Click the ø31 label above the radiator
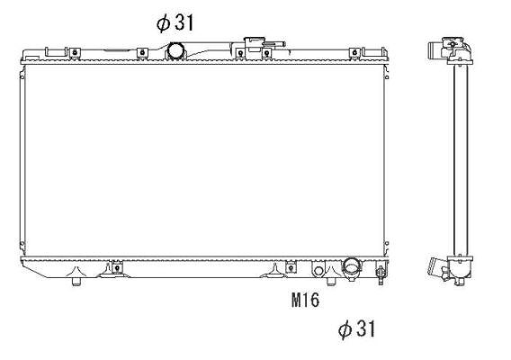pyautogui.click(x=175, y=23)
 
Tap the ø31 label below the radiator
pyautogui.click(x=356, y=328)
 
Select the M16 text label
pyautogui.click(x=305, y=300)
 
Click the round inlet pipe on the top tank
pyautogui.click(x=176, y=52)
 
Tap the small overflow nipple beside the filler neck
pyautogui.click(x=275, y=43)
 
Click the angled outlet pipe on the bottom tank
pyautogui.click(x=352, y=268)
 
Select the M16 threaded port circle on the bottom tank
pyautogui.click(x=318, y=271)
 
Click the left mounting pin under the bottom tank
pyautogui.click(x=76, y=282)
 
